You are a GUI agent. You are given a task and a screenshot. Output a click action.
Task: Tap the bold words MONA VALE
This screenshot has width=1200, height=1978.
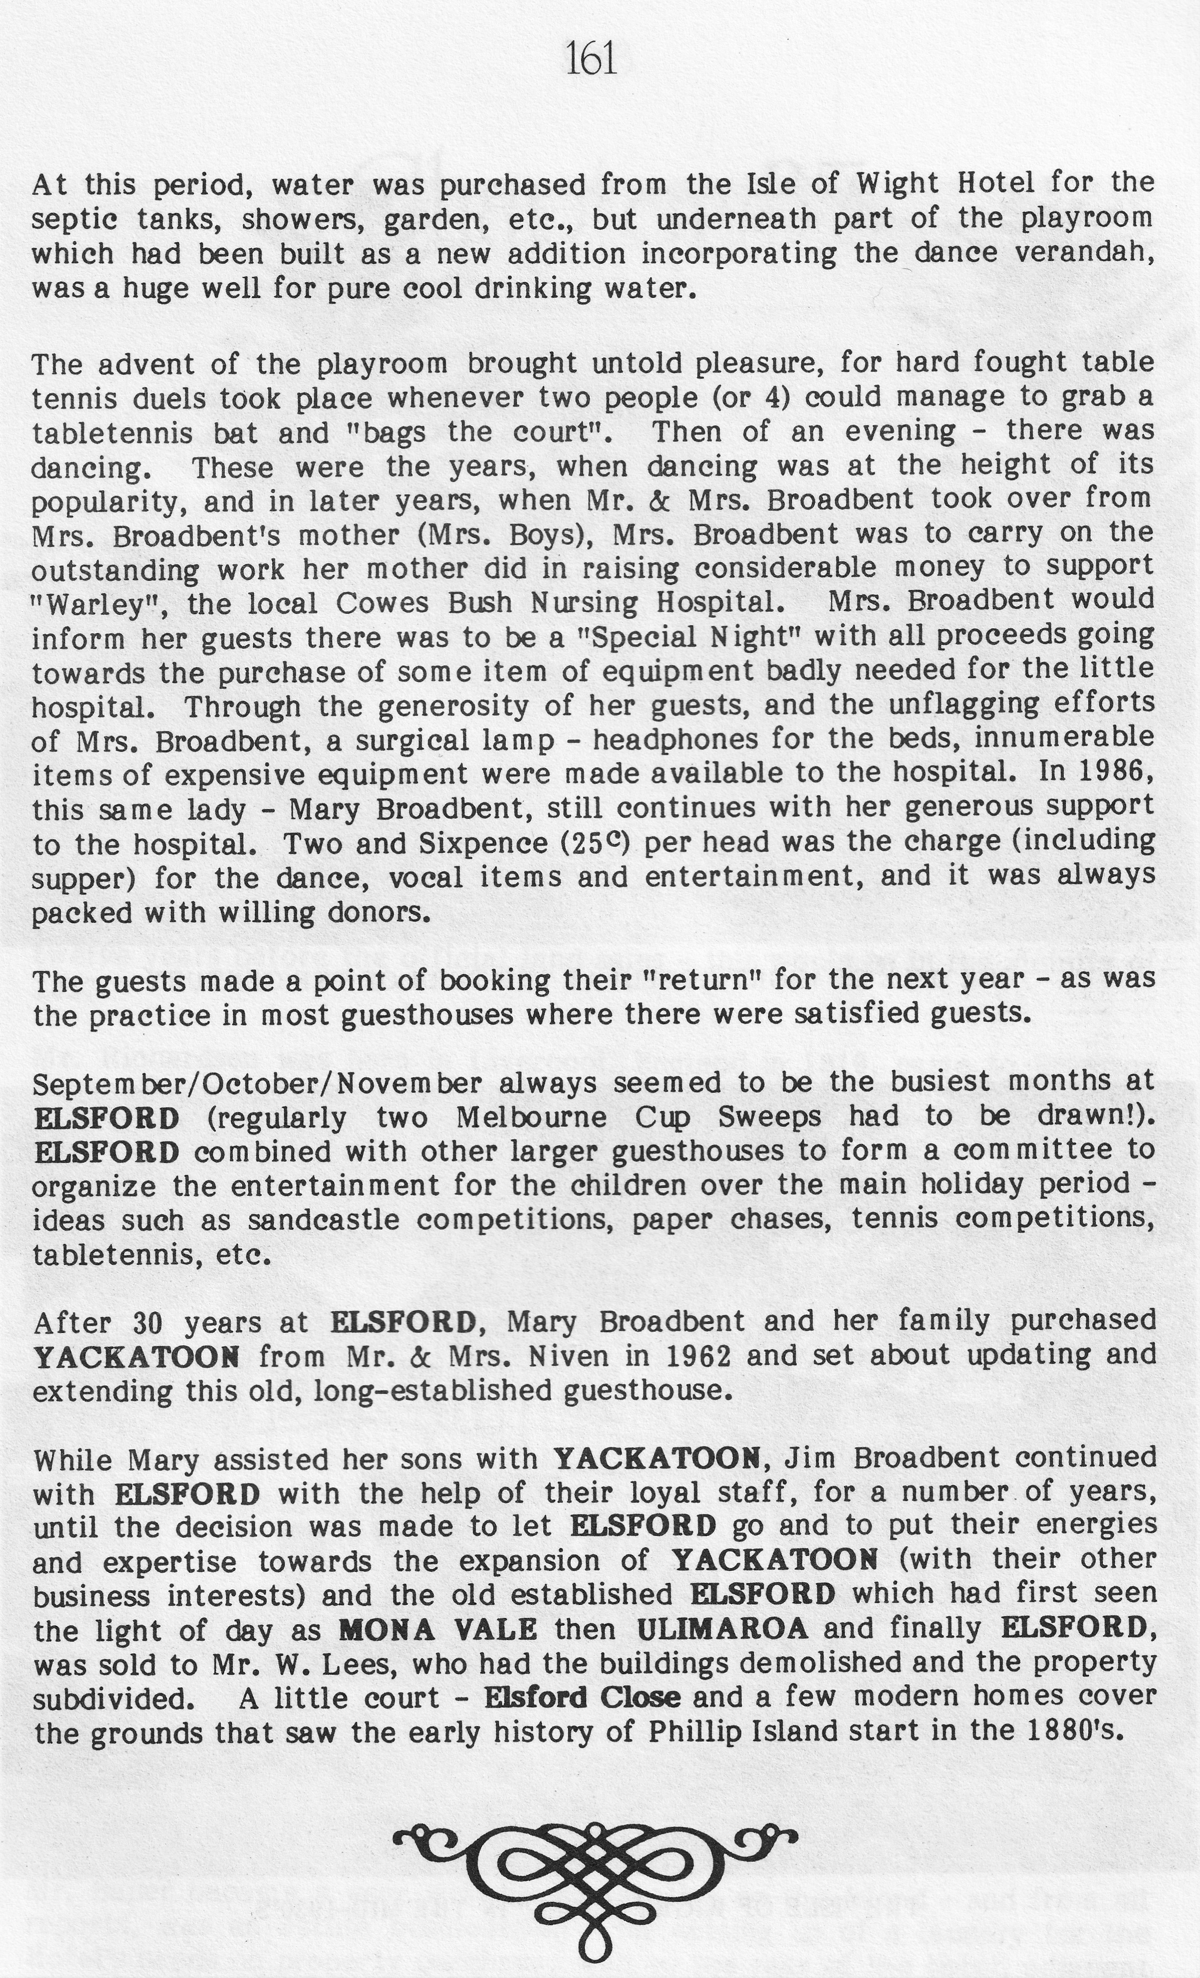tap(437, 1629)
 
